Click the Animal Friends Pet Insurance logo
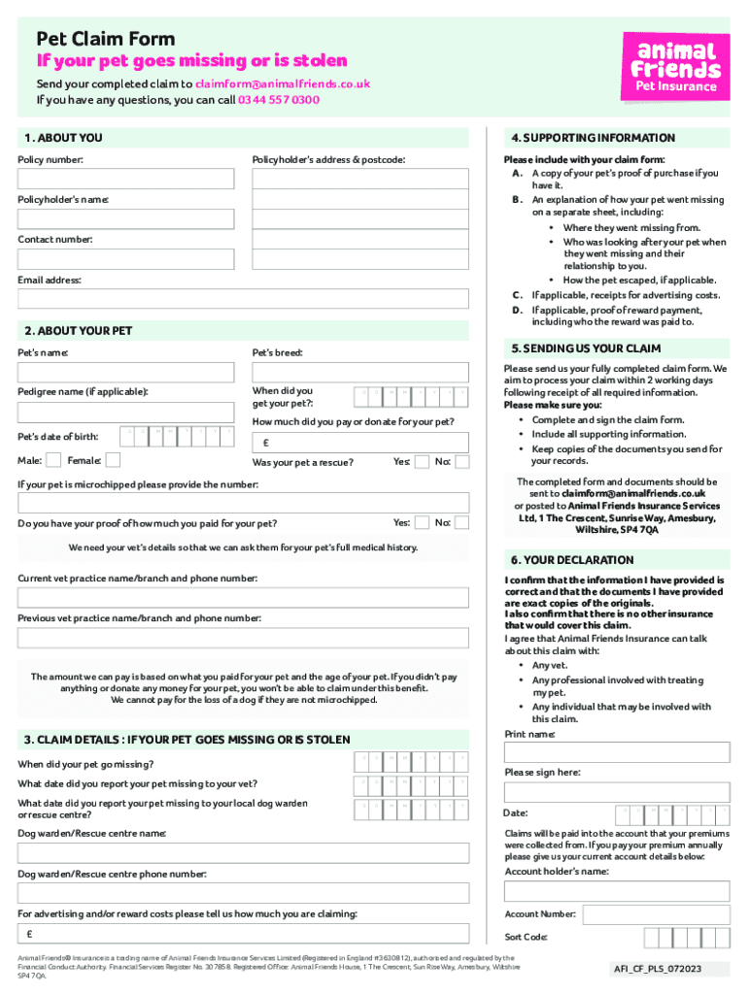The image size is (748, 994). coord(674,65)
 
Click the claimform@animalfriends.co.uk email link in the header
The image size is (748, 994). coord(283,83)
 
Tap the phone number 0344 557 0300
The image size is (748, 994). coord(279,100)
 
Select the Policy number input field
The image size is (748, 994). coord(126,179)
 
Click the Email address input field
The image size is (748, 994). coord(244,298)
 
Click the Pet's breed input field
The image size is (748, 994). coord(360,373)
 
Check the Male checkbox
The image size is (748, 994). coord(54,459)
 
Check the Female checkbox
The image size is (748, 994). coord(113,459)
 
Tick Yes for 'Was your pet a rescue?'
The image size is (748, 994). coord(422,462)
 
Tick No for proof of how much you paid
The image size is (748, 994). coord(461,523)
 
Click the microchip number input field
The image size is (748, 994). coord(244,502)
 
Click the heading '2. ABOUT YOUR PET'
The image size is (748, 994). coord(75,331)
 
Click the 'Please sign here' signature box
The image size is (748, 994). coord(617,792)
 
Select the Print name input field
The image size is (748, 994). coord(617,752)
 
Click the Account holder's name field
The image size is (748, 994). coord(617,891)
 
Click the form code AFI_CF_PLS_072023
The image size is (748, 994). coord(658,969)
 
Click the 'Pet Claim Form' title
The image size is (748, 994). coord(106,39)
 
